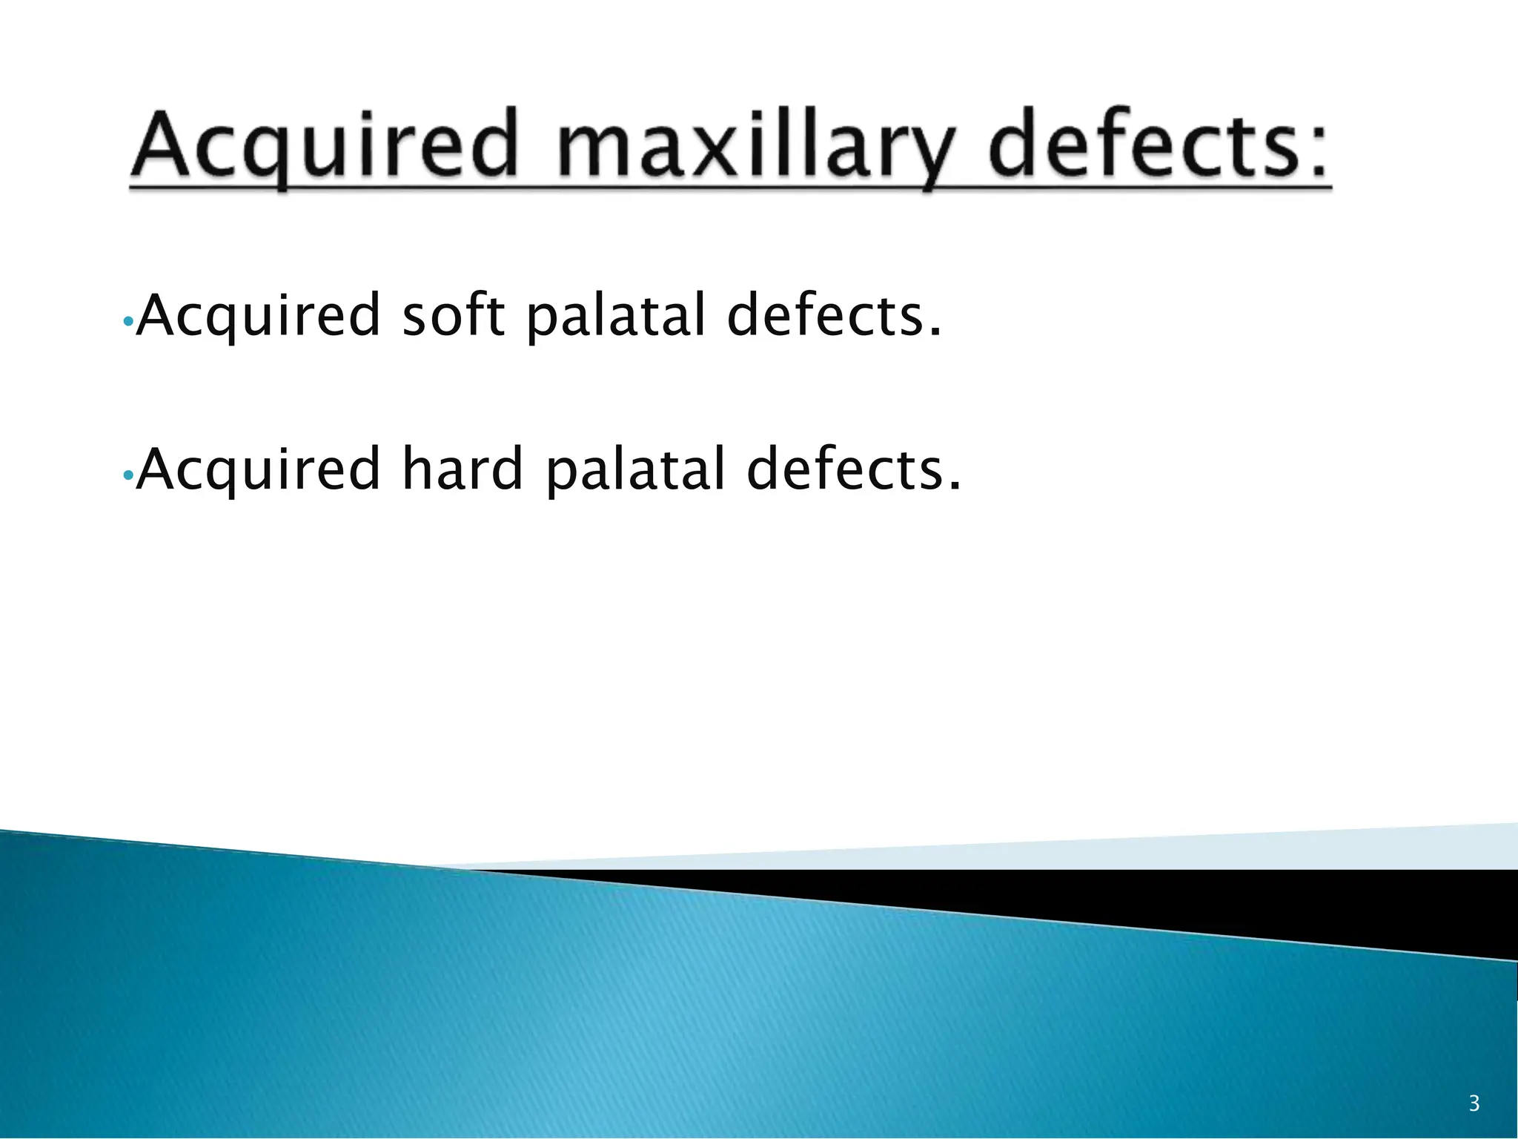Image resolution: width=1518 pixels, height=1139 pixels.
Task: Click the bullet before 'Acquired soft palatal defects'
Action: point(127,322)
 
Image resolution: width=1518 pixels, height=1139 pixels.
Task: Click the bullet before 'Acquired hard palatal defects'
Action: point(127,475)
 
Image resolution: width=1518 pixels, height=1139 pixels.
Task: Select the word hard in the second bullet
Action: point(463,469)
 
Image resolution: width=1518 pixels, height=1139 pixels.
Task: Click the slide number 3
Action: point(1474,1104)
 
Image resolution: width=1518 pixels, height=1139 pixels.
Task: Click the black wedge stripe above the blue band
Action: point(1260,901)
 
